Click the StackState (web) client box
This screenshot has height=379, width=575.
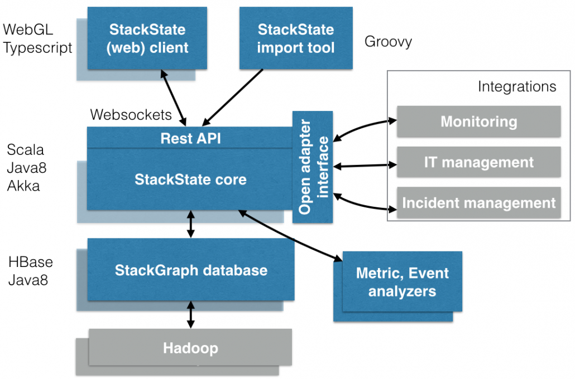[x=147, y=38]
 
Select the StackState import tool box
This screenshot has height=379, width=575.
[x=296, y=38]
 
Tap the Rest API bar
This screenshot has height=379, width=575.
[x=190, y=138]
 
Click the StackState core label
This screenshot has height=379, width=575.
[x=190, y=179]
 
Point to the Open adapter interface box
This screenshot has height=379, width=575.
[x=312, y=167]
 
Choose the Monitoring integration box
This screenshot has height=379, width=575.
[x=478, y=122]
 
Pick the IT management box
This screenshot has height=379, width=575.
[x=478, y=162]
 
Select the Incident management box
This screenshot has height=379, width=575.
[x=478, y=203]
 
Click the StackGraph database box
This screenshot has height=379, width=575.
[x=191, y=271]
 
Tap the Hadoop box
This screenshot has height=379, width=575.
[x=190, y=349]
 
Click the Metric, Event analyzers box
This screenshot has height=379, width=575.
[x=402, y=282]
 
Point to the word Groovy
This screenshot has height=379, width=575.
[x=388, y=42]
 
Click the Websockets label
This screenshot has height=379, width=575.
[x=131, y=115]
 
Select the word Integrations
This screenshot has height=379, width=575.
[x=517, y=86]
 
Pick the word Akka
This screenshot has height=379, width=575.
[x=23, y=186]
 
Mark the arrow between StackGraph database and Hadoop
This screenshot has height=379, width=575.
[x=191, y=314]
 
